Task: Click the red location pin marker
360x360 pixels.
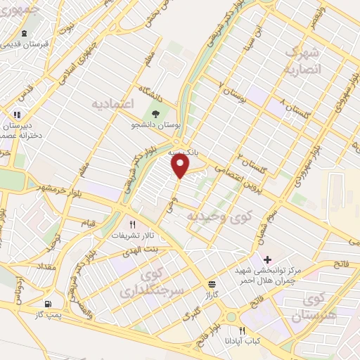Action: pos(181,165)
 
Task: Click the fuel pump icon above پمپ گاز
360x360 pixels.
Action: pos(48,304)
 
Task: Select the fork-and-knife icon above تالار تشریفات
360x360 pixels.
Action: pos(132,224)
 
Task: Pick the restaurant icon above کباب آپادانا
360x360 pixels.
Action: pos(242,330)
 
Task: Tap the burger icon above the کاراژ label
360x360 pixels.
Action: pos(212,283)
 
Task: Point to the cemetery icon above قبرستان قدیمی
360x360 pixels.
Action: pos(25,33)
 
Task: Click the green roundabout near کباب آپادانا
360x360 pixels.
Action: pos(231,317)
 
